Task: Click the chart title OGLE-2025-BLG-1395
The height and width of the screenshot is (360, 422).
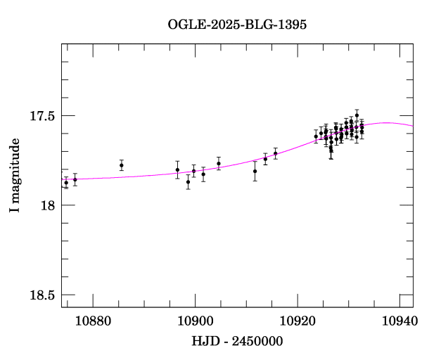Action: tap(238, 25)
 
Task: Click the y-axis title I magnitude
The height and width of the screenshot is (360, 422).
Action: tap(15, 176)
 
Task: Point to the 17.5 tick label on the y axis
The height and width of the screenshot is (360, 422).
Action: tap(42, 115)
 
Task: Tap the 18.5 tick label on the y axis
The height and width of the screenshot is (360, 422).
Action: tap(42, 295)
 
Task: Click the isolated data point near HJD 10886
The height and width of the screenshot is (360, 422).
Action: tap(122, 165)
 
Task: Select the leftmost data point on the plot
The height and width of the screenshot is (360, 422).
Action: tap(66, 182)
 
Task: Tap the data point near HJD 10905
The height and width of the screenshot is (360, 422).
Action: tap(219, 163)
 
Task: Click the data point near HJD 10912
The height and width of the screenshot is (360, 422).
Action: tap(255, 171)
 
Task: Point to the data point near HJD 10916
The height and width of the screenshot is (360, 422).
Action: tap(275, 153)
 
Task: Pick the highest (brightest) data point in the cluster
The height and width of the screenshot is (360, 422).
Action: tap(357, 115)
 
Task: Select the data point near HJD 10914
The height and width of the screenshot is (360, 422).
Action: tap(265, 158)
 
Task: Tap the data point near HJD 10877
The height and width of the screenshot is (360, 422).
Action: tap(75, 179)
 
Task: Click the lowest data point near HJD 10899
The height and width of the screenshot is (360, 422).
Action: tap(188, 181)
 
